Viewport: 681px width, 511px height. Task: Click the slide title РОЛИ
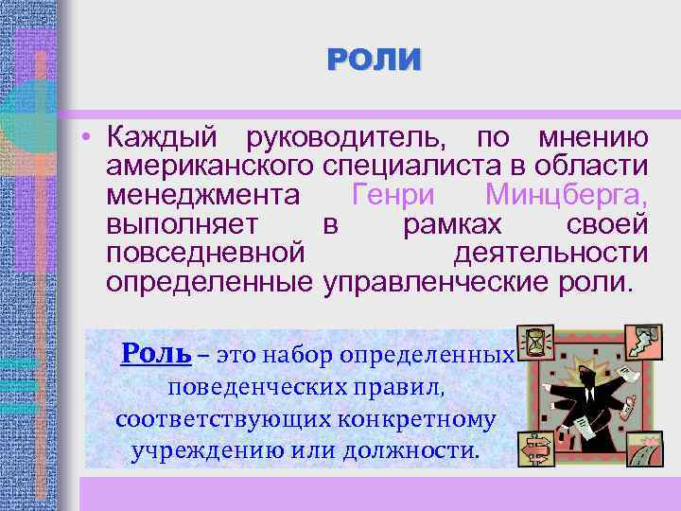(x=375, y=61)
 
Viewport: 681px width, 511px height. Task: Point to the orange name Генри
(x=396, y=197)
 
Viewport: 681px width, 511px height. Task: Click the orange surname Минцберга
(x=566, y=197)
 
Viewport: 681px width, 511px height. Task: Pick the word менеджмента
(x=203, y=197)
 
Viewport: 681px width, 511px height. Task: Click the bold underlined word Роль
(x=156, y=355)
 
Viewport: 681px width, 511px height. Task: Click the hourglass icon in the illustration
(x=536, y=342)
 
